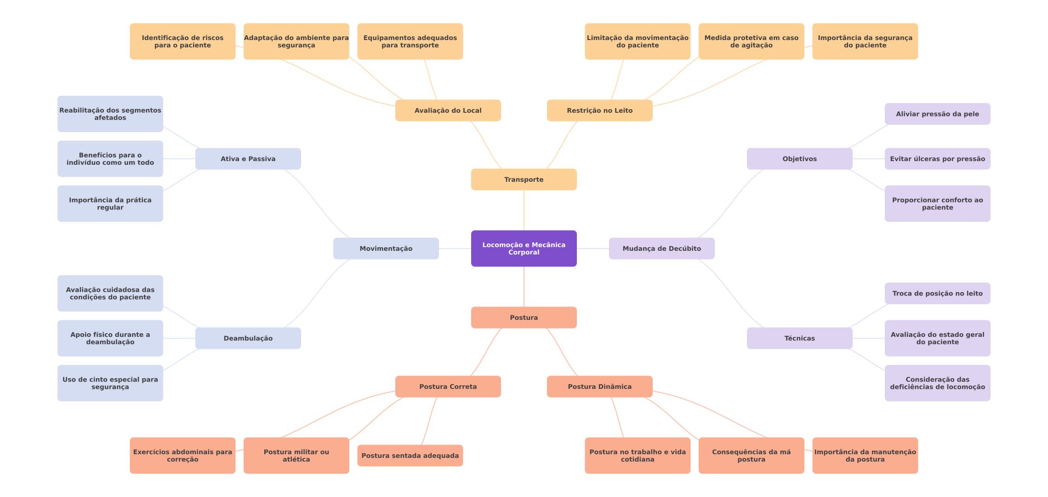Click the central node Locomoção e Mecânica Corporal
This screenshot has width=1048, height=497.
click(524, 248)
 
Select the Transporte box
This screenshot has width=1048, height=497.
click(524, 179)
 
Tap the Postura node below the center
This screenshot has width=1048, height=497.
click(524, 318)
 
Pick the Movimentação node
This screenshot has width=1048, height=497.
click(386, 248)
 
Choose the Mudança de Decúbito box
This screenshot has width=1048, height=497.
click(661, 248)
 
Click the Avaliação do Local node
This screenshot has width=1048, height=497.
click(448, 110)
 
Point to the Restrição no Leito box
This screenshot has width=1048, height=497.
click(599, 110)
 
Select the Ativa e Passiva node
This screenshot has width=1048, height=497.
click(248, 159)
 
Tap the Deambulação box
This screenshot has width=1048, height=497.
click(248, 338)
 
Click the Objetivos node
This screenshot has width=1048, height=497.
click(799, 159)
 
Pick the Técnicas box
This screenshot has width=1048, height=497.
click(799, 338)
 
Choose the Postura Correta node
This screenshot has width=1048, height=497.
click(448, 387)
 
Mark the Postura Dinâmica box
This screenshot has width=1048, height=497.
click(599, 387)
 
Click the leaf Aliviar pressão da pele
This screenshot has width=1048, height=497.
click(937, 114)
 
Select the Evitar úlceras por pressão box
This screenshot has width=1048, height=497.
click(937, 159)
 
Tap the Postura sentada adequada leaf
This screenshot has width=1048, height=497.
click(410, 456)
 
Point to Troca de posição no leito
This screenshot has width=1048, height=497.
click(937, 293)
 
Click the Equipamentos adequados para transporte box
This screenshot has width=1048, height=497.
click(410, 41)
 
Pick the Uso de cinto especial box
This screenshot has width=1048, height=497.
click(110, 383)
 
